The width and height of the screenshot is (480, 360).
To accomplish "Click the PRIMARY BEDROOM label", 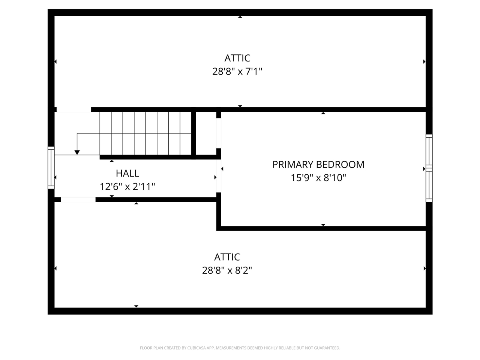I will point(318,164).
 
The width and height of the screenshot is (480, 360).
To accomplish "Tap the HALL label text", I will point(127,173).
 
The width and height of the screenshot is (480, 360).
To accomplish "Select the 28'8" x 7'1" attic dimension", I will point(237,71).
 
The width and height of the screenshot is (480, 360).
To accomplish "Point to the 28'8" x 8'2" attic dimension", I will point(227,270).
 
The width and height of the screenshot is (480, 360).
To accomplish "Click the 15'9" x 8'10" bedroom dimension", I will point(318,178).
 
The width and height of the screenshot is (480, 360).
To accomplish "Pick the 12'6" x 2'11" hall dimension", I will point(127,186).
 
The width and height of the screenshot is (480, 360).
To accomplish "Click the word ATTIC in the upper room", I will point(237,58).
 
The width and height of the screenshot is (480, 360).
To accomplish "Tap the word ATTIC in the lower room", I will point(227,257).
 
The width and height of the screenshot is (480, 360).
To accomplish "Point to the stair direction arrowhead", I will point(77,152).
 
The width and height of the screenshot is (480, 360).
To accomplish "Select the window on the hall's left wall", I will point(51,168).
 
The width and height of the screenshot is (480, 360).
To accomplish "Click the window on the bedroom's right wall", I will point(429,168).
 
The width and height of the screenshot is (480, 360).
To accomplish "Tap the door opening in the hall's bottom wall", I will point(78,199).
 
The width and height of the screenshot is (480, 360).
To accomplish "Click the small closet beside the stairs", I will point(206,133).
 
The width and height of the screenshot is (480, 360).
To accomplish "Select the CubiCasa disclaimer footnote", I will point(240,348).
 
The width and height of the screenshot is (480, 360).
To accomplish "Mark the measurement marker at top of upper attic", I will point(240,17).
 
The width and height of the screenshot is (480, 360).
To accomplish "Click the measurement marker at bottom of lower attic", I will point(136,306).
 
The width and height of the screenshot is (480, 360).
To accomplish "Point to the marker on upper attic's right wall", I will point(424,61).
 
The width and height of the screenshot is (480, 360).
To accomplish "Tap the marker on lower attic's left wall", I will point(55,268).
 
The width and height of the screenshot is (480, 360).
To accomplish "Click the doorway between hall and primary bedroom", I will point(219,176).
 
